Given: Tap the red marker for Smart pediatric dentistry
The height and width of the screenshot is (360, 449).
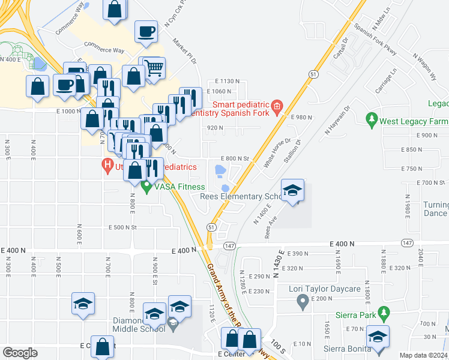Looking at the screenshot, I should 276,107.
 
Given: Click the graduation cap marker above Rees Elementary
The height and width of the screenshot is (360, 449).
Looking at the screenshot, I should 292,191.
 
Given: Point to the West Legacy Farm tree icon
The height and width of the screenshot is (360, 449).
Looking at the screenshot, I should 372,121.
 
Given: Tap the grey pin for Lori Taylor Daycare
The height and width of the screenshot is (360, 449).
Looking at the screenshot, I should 303,302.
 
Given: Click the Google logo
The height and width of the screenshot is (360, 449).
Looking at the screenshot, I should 20,353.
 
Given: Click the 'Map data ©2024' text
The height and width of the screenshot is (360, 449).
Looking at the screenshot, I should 423,355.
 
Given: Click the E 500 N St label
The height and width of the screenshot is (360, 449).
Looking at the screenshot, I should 123,227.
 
